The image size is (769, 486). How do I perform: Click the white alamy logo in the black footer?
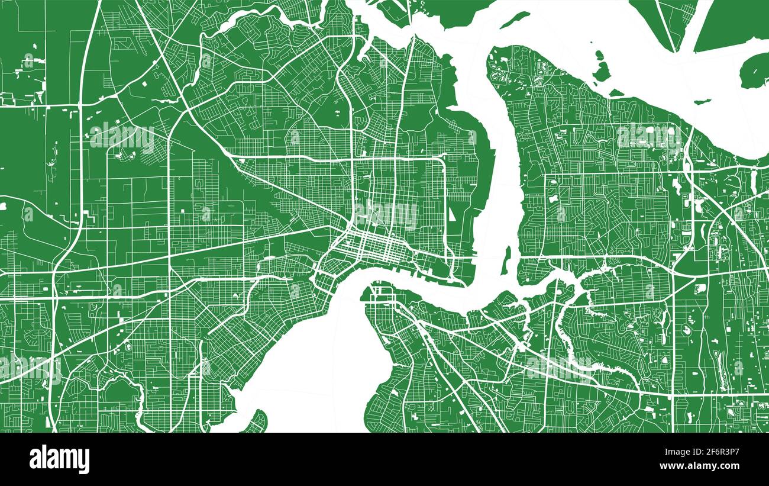pos(59,459)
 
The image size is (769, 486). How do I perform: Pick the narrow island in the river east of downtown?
pos(506,260)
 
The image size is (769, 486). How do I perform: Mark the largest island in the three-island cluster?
pos(602,69)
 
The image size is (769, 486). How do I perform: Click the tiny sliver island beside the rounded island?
pos(702,101)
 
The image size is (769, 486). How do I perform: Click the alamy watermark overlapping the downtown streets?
pos(385,215)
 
